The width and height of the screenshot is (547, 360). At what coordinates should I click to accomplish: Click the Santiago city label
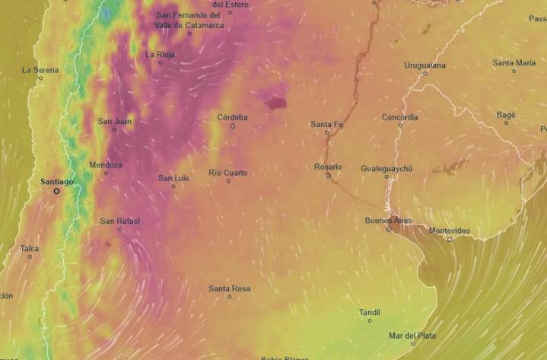click(x=57, y=182)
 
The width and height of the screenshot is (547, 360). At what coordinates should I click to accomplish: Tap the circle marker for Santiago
click(x=56, y=191)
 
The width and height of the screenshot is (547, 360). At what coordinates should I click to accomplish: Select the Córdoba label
click(x=232, y=117)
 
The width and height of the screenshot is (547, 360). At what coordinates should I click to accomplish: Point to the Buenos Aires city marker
click(x=389, y=229)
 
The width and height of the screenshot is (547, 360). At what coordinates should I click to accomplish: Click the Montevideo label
click(x=449, y=231)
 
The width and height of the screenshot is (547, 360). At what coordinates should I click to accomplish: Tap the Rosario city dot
click(x=328, y=175)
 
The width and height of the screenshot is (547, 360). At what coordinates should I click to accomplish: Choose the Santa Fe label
click(x=326, y=124)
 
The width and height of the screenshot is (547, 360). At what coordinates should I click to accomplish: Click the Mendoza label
click(x=105, y=164)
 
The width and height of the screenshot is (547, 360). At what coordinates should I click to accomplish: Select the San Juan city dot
click(x=115, y=129)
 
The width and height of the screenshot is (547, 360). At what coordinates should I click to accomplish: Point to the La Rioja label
click(x=161, y=54)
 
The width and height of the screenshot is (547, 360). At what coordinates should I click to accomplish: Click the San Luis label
click(x=173, y=177)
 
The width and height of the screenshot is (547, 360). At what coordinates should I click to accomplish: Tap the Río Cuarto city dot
click(x=227, y=181)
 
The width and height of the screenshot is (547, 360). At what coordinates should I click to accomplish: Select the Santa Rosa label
click(x=229, y=288)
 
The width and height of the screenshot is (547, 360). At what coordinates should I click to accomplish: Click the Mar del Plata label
click(x=412, y=335)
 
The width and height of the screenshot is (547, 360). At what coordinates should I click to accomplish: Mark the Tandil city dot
click(x=370, y=320)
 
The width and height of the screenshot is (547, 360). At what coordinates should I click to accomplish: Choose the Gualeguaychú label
click(x=386, y=168)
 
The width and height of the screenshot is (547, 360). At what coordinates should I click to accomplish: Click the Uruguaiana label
click(x=425, y=65)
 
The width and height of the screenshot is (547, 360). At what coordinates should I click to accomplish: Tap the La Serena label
click(x=40, y=69)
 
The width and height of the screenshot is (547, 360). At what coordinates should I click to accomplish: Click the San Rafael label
click(x=119, y=221)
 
